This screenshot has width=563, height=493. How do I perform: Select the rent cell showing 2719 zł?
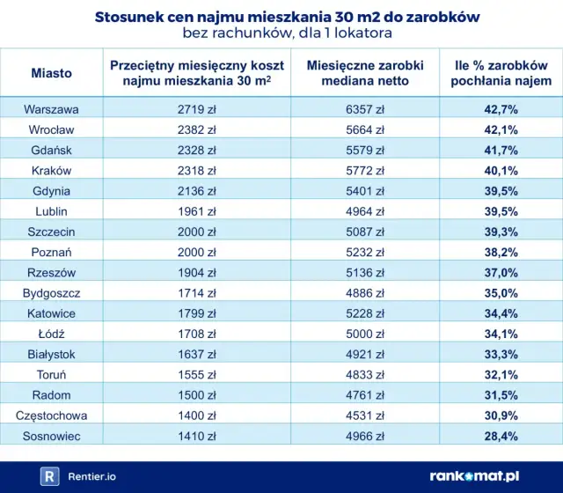pos(191,110)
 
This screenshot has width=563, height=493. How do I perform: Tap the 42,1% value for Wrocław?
pos(501,130)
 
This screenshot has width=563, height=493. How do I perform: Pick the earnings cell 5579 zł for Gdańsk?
pos(366,151)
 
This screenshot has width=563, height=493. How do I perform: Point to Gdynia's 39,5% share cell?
pos(501,191)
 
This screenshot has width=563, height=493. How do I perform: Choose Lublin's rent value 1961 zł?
pos(191,211)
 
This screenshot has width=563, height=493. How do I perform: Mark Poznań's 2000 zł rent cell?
pos(191,253)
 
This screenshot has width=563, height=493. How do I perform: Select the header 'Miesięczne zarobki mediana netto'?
pos(365,73)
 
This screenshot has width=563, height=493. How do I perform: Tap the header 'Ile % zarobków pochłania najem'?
pos(501,73)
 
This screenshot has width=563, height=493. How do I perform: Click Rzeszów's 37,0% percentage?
pos(501,273)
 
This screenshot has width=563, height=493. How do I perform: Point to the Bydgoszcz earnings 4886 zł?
pos(366,293)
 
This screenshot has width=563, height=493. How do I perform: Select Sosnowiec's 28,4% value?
pos(501,436)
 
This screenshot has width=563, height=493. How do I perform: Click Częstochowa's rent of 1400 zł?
pos(191,416)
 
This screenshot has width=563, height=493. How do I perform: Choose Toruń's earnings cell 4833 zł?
pos(366,374)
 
